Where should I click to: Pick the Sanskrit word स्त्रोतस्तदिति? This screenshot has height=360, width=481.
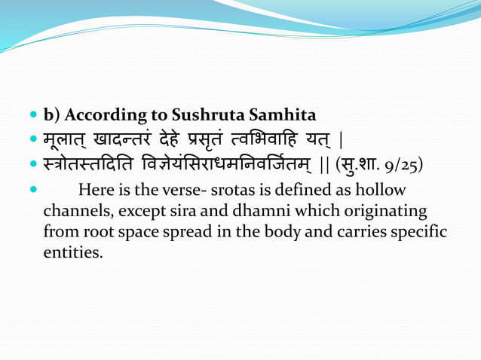click(91, 164)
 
